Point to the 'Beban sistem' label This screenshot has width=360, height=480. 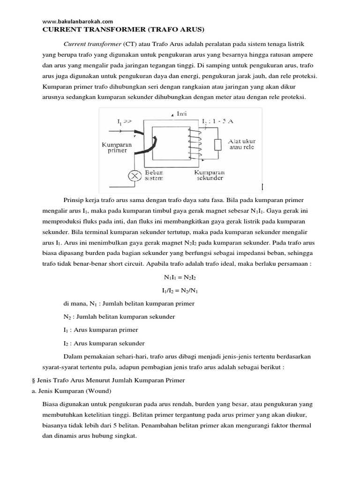point(154,175)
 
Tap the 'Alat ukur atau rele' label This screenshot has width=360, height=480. point(241,144)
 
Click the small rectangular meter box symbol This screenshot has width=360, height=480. point(217,145)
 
